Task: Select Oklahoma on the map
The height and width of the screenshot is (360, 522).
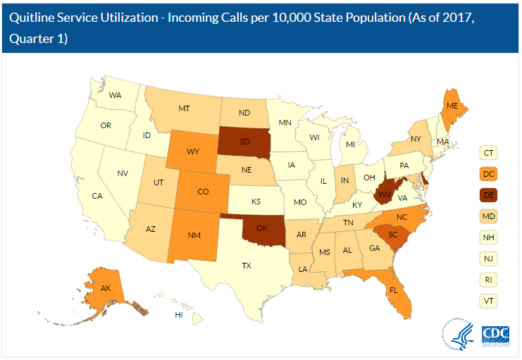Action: click(263, 229)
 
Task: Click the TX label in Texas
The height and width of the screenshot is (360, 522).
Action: click(246, 266)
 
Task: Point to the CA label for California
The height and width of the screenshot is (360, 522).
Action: click(98, 196)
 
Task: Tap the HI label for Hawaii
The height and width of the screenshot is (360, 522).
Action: click(179, 314)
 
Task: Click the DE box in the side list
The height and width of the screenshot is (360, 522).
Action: click(487, 194)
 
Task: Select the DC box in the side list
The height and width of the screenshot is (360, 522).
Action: click(487, 173)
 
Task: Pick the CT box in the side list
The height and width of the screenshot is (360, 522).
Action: click(487, 152)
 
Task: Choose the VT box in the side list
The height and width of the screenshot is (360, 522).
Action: click(487, 300)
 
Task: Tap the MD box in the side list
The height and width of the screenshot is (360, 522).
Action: click(487, 216)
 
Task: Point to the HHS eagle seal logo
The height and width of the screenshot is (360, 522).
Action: click(457, 333)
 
